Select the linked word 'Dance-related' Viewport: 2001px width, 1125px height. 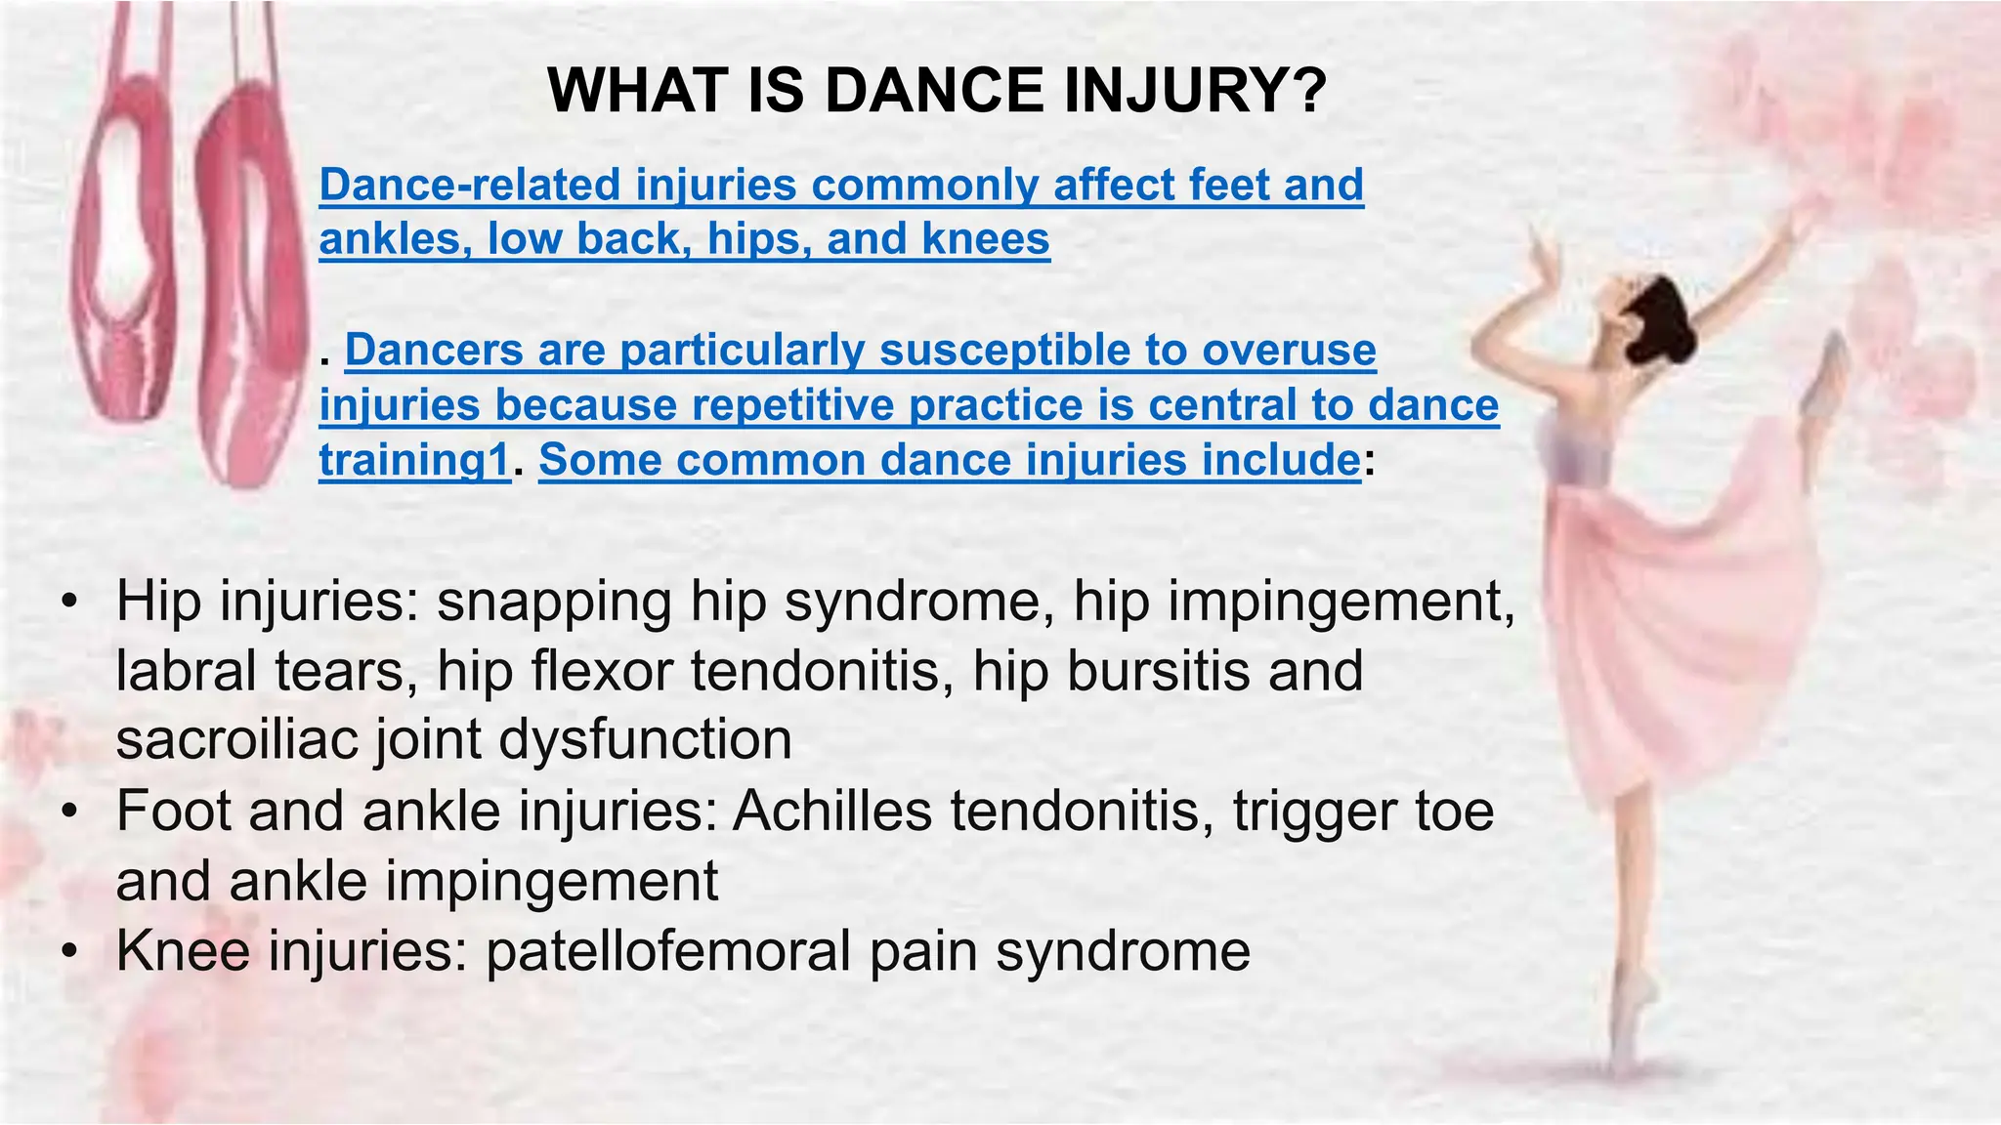470,185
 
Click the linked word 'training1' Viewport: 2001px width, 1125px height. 414,460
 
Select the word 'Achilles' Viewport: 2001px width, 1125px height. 831,811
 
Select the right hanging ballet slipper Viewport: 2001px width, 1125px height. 244,293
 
